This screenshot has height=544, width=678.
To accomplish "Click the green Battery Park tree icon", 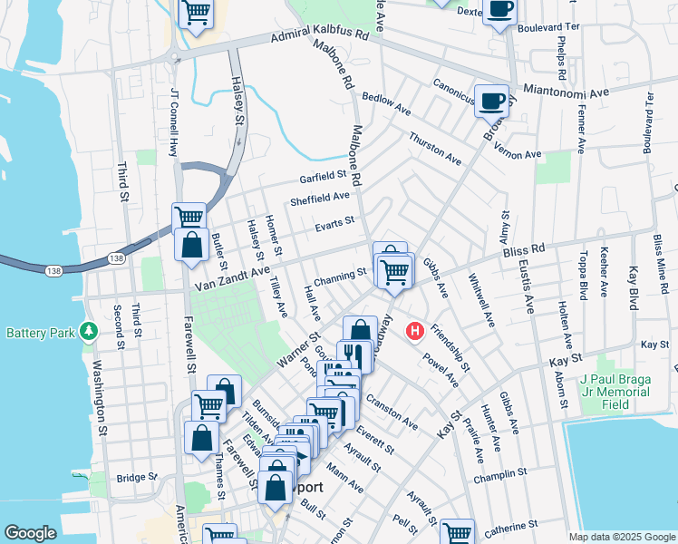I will pyautogui.click(x=89, y=332).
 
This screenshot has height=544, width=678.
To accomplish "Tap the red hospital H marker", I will pyautogui.click(x=415, y=331).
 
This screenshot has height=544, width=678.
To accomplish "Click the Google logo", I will pyautogui.click(x=31, y=532).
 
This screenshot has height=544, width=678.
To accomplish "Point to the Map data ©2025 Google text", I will pyautogui.click(x=621, y=537).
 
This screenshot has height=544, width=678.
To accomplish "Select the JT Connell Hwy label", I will pyautogui.click(x=172, y=121).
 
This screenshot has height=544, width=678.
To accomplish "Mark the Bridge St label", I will pyautogui.click(x=136, y=477).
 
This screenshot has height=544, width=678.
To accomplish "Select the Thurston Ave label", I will pyautogui.click(x=435, y=148).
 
